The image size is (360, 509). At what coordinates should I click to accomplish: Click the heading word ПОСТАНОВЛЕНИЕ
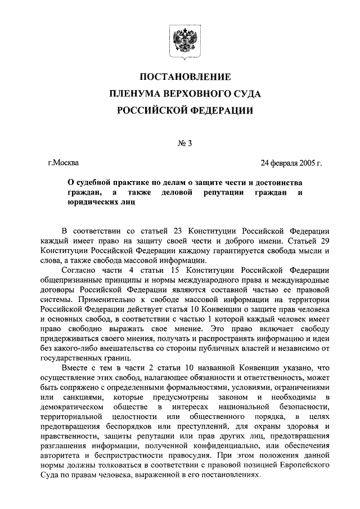coord(184,76)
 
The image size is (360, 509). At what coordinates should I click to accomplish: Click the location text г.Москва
coord(64,164)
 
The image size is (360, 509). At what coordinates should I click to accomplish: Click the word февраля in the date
coord(281,164)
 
